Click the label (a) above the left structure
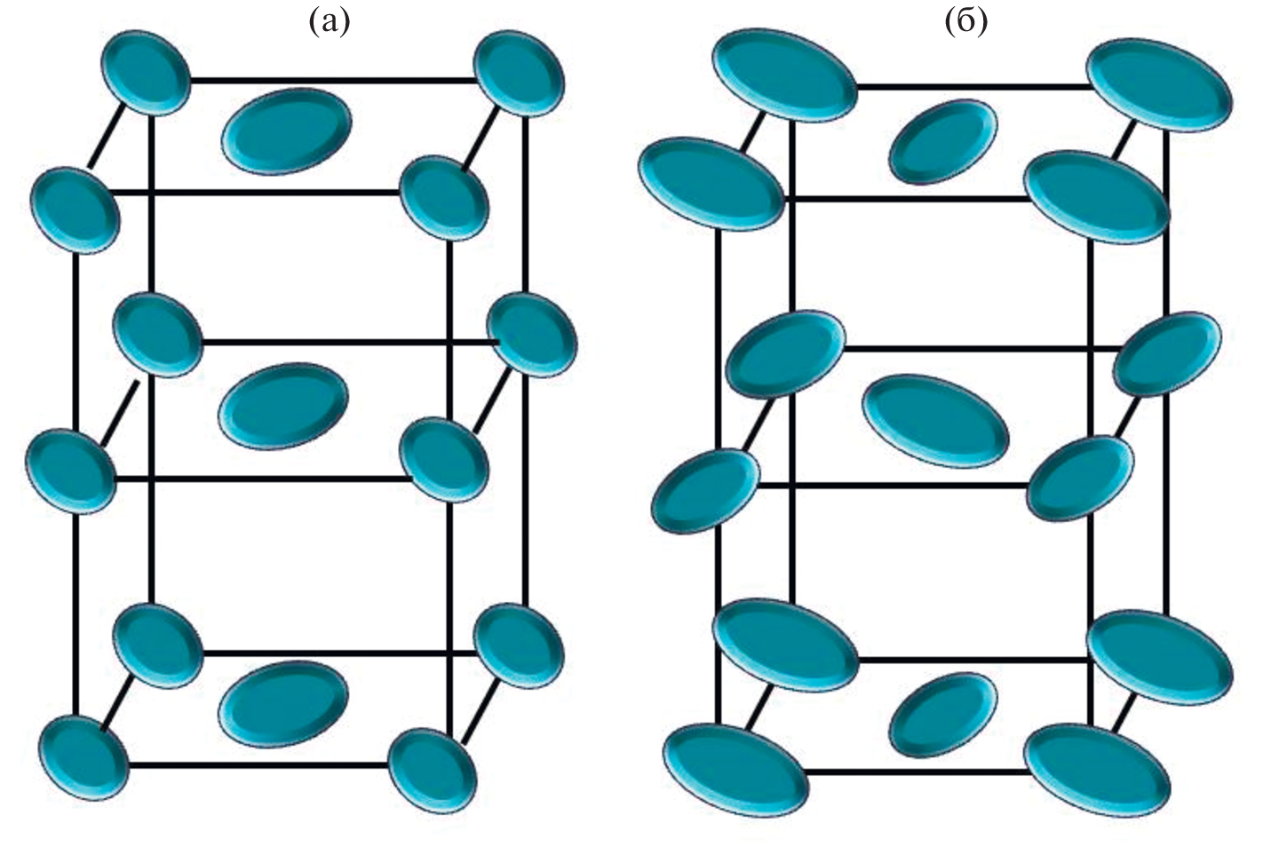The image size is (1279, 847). pos(329,22)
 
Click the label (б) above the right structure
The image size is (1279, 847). pos(965,22)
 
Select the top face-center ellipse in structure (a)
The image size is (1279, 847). pos(286,131)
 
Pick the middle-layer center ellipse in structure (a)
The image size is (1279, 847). pos(283,405)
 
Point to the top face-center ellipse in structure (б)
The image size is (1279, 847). pos(942,141)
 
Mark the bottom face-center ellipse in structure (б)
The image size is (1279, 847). pos(942,715)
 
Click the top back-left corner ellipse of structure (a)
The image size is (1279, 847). pos(147,72)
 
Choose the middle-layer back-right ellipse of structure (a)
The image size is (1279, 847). pos(532,335)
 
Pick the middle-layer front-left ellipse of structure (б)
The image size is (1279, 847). pos(705,490)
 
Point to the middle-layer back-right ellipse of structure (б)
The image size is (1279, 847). pos(1167,353)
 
